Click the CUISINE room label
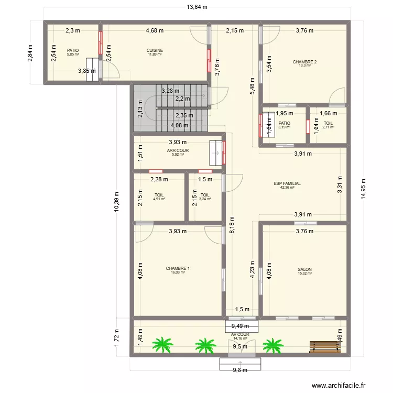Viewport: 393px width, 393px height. point(155,50)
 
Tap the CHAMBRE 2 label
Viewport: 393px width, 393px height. point(304,62)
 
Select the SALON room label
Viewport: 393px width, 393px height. point(304,269)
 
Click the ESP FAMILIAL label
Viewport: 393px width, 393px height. point(287,184)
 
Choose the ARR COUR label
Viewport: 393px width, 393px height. point(178,150)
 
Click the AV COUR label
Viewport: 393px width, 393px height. point(239,334)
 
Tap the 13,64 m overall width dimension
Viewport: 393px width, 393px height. point(196,7)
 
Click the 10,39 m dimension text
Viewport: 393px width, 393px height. point(117,199)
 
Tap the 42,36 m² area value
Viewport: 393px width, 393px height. point(287,188)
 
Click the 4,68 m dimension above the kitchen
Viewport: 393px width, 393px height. point(154,30)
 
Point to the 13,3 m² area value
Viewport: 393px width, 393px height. point(304,65)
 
